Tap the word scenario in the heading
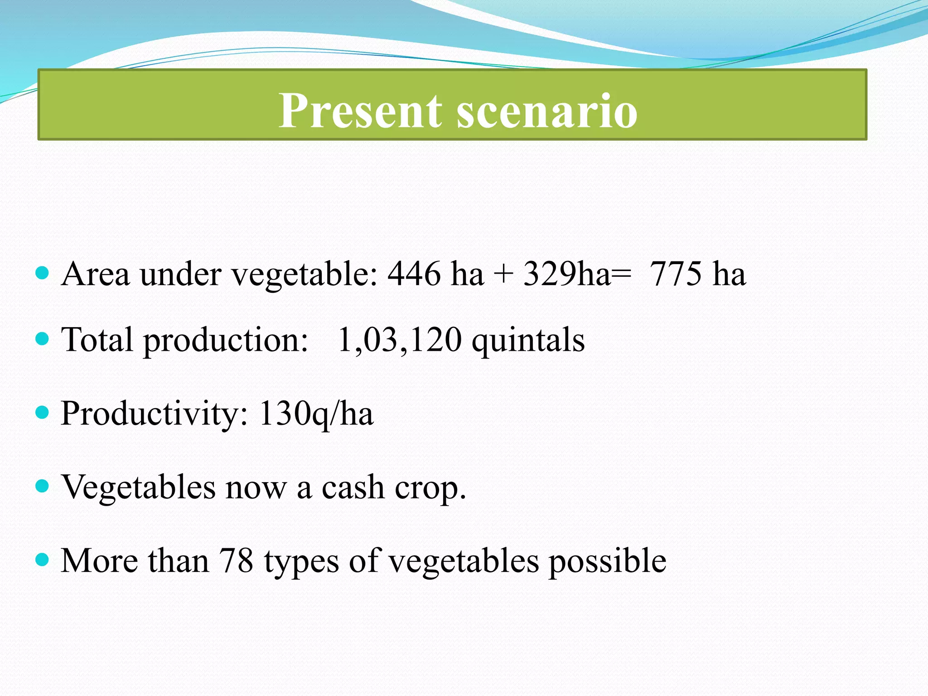547,111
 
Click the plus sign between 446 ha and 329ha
503,275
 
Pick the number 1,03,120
400,339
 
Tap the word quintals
528,341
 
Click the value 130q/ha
316,414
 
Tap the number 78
236,561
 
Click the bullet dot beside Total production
42,338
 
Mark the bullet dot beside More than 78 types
42,560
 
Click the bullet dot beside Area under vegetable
42,273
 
